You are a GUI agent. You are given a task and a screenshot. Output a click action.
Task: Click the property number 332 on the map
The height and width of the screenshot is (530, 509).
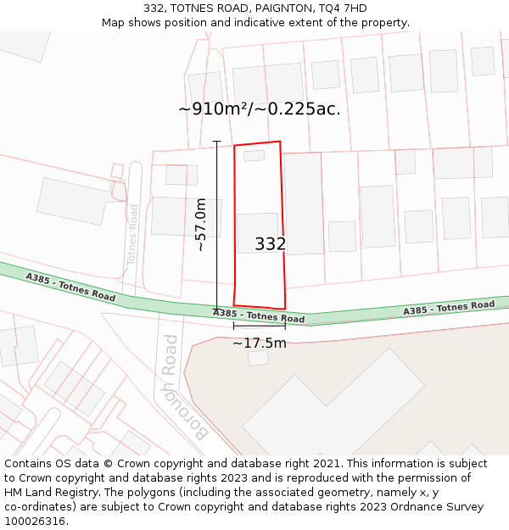click(x=271, y=244)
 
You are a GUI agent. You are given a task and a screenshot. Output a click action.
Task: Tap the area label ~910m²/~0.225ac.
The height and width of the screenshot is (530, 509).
click(x=260, y=109)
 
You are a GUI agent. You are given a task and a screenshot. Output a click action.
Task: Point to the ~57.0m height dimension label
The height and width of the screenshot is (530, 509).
click(x=201, y=225)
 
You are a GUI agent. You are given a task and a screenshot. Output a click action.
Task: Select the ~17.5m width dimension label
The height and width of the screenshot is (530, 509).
click(x=260, y=343)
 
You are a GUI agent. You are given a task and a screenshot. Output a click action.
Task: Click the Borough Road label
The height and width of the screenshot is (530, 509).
click(x=183, y=387)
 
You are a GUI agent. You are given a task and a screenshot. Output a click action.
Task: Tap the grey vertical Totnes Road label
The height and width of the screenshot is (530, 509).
click(x=132, y=233)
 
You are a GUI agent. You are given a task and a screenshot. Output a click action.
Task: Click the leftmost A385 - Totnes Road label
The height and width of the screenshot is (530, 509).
click(x=70, y=287)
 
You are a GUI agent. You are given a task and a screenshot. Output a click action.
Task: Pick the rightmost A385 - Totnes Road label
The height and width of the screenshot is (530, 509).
click(x=449, y=308)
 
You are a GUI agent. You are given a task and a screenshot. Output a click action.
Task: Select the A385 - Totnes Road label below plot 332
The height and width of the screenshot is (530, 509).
click(x=259, y=316)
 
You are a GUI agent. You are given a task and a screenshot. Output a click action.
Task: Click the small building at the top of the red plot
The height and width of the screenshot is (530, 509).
click(x=255, y=156)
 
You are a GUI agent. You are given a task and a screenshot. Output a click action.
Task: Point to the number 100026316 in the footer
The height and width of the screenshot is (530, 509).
click(x=36, y=522)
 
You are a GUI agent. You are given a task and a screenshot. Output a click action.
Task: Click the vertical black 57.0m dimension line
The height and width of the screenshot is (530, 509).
click(x=216, y=225)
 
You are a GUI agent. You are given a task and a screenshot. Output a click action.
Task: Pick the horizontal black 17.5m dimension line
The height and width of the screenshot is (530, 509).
click(x=260, y=325)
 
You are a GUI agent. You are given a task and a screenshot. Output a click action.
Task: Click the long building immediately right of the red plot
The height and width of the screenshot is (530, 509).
click(x=303, y=204)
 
